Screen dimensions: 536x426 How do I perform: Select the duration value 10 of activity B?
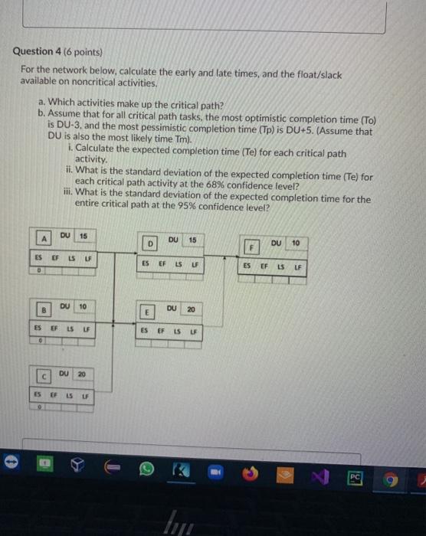(83, 306)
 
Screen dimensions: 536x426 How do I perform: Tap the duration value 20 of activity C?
(81, 374)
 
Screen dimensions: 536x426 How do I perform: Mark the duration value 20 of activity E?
(192, 310)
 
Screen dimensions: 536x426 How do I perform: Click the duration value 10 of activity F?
(295, 243)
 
